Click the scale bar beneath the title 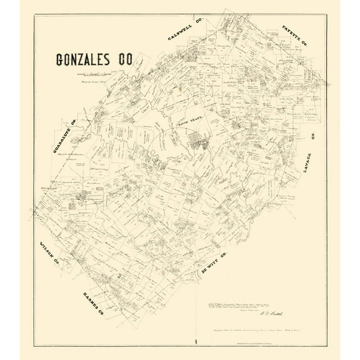click(x=94, y=76)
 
